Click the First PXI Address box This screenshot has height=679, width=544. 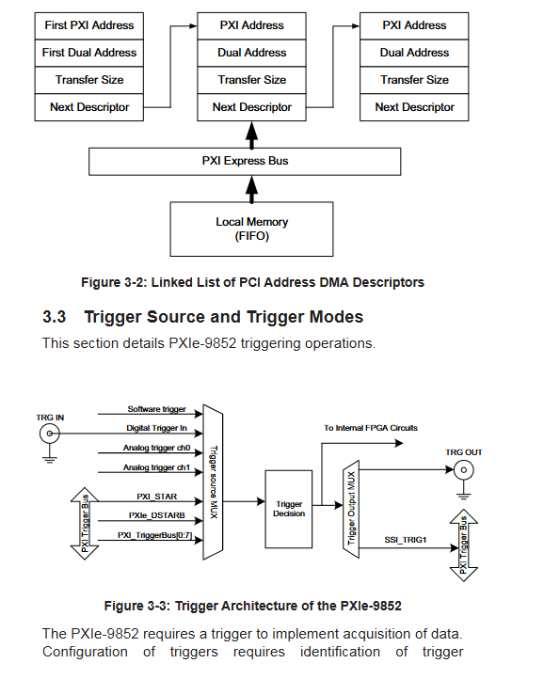(88, 26)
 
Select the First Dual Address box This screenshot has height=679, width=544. (88, 53)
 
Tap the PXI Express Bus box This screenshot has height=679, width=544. (245, 162)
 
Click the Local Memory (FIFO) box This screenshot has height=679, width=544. (251, 229)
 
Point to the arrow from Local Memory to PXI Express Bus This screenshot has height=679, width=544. (251, 189)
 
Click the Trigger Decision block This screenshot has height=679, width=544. (289, 510)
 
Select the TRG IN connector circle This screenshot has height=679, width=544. (50, 434)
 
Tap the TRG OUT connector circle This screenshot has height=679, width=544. (463, 470)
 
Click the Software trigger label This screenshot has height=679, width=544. (156, 409)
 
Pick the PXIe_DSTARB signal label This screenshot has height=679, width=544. (156, 515)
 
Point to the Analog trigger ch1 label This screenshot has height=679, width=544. (156, 467)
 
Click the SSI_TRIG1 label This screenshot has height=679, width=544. (406, 540)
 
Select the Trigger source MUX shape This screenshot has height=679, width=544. (213, 482)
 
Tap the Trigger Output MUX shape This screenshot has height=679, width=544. (351, 510)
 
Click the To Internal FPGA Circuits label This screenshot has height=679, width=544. (371, 428)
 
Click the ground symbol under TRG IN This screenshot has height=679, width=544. (50, 458)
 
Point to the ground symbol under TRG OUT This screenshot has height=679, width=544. (463, 495)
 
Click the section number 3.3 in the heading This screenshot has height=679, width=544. (55, 317)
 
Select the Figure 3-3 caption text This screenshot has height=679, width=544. (253, 606)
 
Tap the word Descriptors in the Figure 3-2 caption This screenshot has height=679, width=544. (389, 282)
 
